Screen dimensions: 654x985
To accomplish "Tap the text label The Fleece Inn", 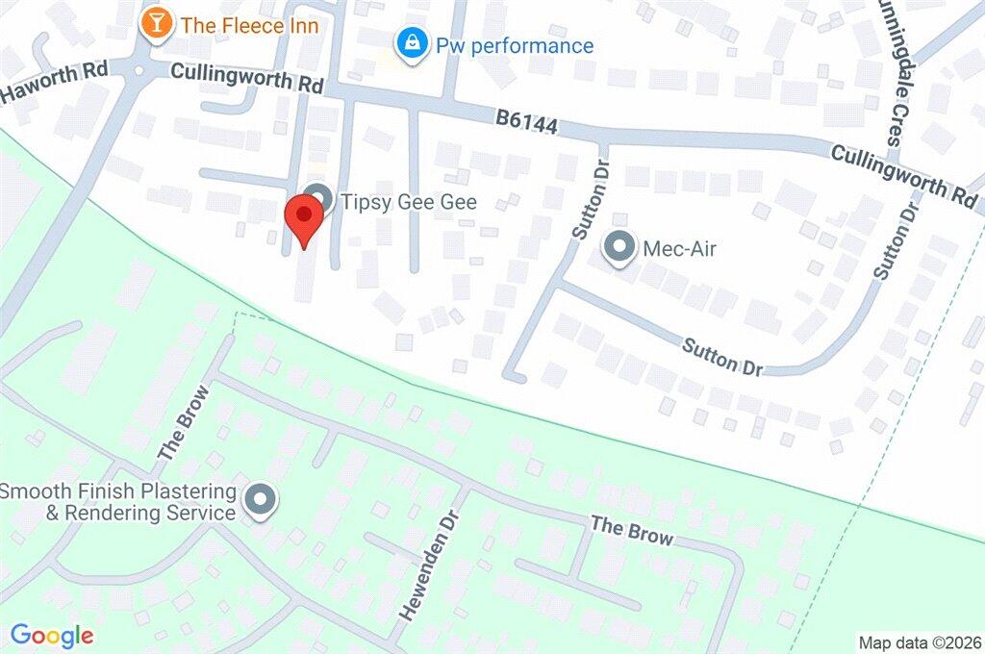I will point(249,25).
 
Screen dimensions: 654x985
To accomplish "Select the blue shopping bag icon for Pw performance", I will point(412,43).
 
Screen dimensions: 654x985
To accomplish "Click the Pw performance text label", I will point(515,45).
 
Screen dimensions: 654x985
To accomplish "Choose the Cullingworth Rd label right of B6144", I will point(904,173).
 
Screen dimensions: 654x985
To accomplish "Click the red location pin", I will point(305,218).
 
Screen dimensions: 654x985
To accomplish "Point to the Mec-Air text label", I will point(681,249).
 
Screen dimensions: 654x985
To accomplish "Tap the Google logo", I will point(52,635).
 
